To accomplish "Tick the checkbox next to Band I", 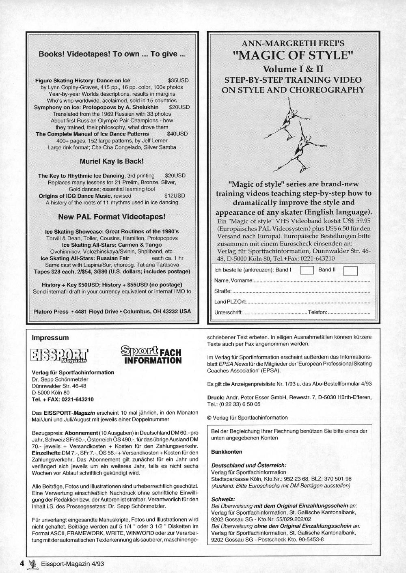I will click(307, 270).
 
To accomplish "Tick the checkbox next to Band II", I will click(350, 271).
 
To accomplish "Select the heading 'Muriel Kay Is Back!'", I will click(112, 161).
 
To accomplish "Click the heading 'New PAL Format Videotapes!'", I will click(112, 217).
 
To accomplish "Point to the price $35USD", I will click(178, 80).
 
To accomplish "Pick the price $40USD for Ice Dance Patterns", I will click(177, 134).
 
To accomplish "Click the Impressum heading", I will click(50, 338).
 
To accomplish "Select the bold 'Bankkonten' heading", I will click(227, 452).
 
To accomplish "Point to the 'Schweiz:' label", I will click(223, 499).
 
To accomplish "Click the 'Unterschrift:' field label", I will click(228, 312).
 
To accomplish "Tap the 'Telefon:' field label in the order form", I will click(317, 312).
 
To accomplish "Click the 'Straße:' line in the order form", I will click(223, 291).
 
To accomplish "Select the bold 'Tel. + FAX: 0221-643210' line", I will click(63, 399).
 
